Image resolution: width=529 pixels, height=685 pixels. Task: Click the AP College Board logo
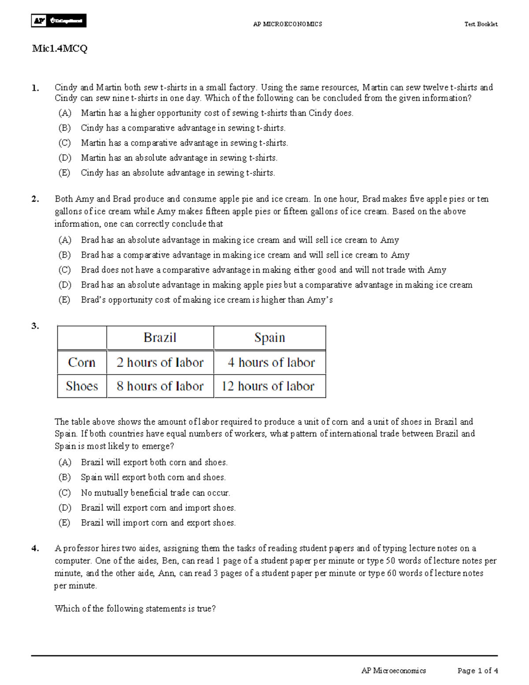point(59,21)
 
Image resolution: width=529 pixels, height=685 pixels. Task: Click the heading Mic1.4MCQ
point(60,49)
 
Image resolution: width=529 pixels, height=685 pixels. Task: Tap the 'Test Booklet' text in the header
point(481,24)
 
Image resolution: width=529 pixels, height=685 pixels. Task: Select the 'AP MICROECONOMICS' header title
point(287,24)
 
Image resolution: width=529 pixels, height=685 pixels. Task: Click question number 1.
point(35,88)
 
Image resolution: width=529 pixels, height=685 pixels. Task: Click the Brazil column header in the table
point(160,338)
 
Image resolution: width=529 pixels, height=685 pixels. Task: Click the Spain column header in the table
point(269,338)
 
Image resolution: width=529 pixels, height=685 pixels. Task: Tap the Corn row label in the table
point(82,363)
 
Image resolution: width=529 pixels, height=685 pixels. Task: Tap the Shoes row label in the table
point(82,386)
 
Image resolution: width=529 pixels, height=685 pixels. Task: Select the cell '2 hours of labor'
point(160,363)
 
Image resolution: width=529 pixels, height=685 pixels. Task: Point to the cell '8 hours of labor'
point(160,386)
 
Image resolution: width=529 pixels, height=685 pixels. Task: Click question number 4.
point(35,549)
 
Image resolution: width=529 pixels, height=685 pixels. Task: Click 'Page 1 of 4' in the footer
point(477,671)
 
